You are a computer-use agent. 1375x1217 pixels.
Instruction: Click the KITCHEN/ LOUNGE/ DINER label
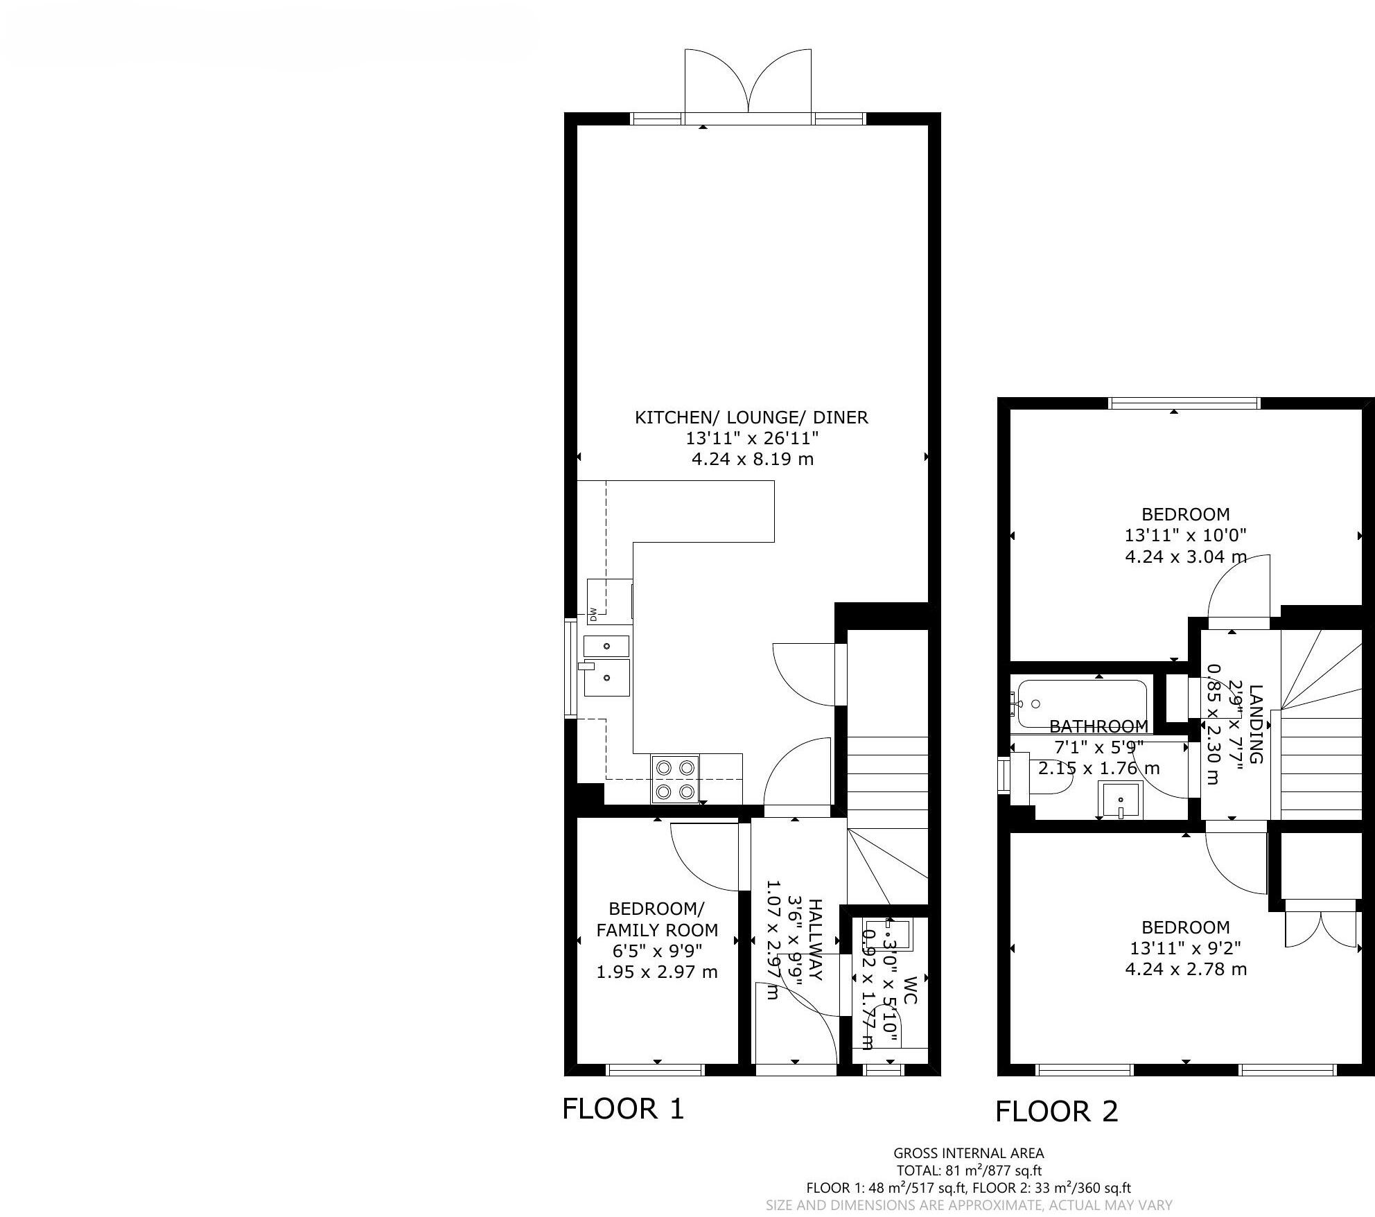pyautogui.click(x=751, y=417)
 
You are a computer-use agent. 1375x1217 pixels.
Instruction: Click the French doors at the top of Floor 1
pyautogui.click(x=748, y=87)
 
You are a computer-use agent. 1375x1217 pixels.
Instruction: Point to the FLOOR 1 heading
pyautogui.click(x=622, y=1109)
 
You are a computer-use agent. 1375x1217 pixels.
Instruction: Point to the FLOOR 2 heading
pyautogui.click(x=1056, y=1112)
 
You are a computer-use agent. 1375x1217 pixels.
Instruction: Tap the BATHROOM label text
pyautogui.click(x=1098, y=726)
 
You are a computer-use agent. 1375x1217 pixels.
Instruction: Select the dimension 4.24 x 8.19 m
pyautogui.click(x=752, y=459)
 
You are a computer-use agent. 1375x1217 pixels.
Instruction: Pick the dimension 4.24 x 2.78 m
pyautogui.click(x=1185, y=969)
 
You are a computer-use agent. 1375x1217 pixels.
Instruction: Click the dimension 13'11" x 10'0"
pyautogui.click(x=1185, y=535)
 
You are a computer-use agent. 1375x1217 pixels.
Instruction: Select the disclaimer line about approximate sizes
pyautogui.click(x=968, y=1206)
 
